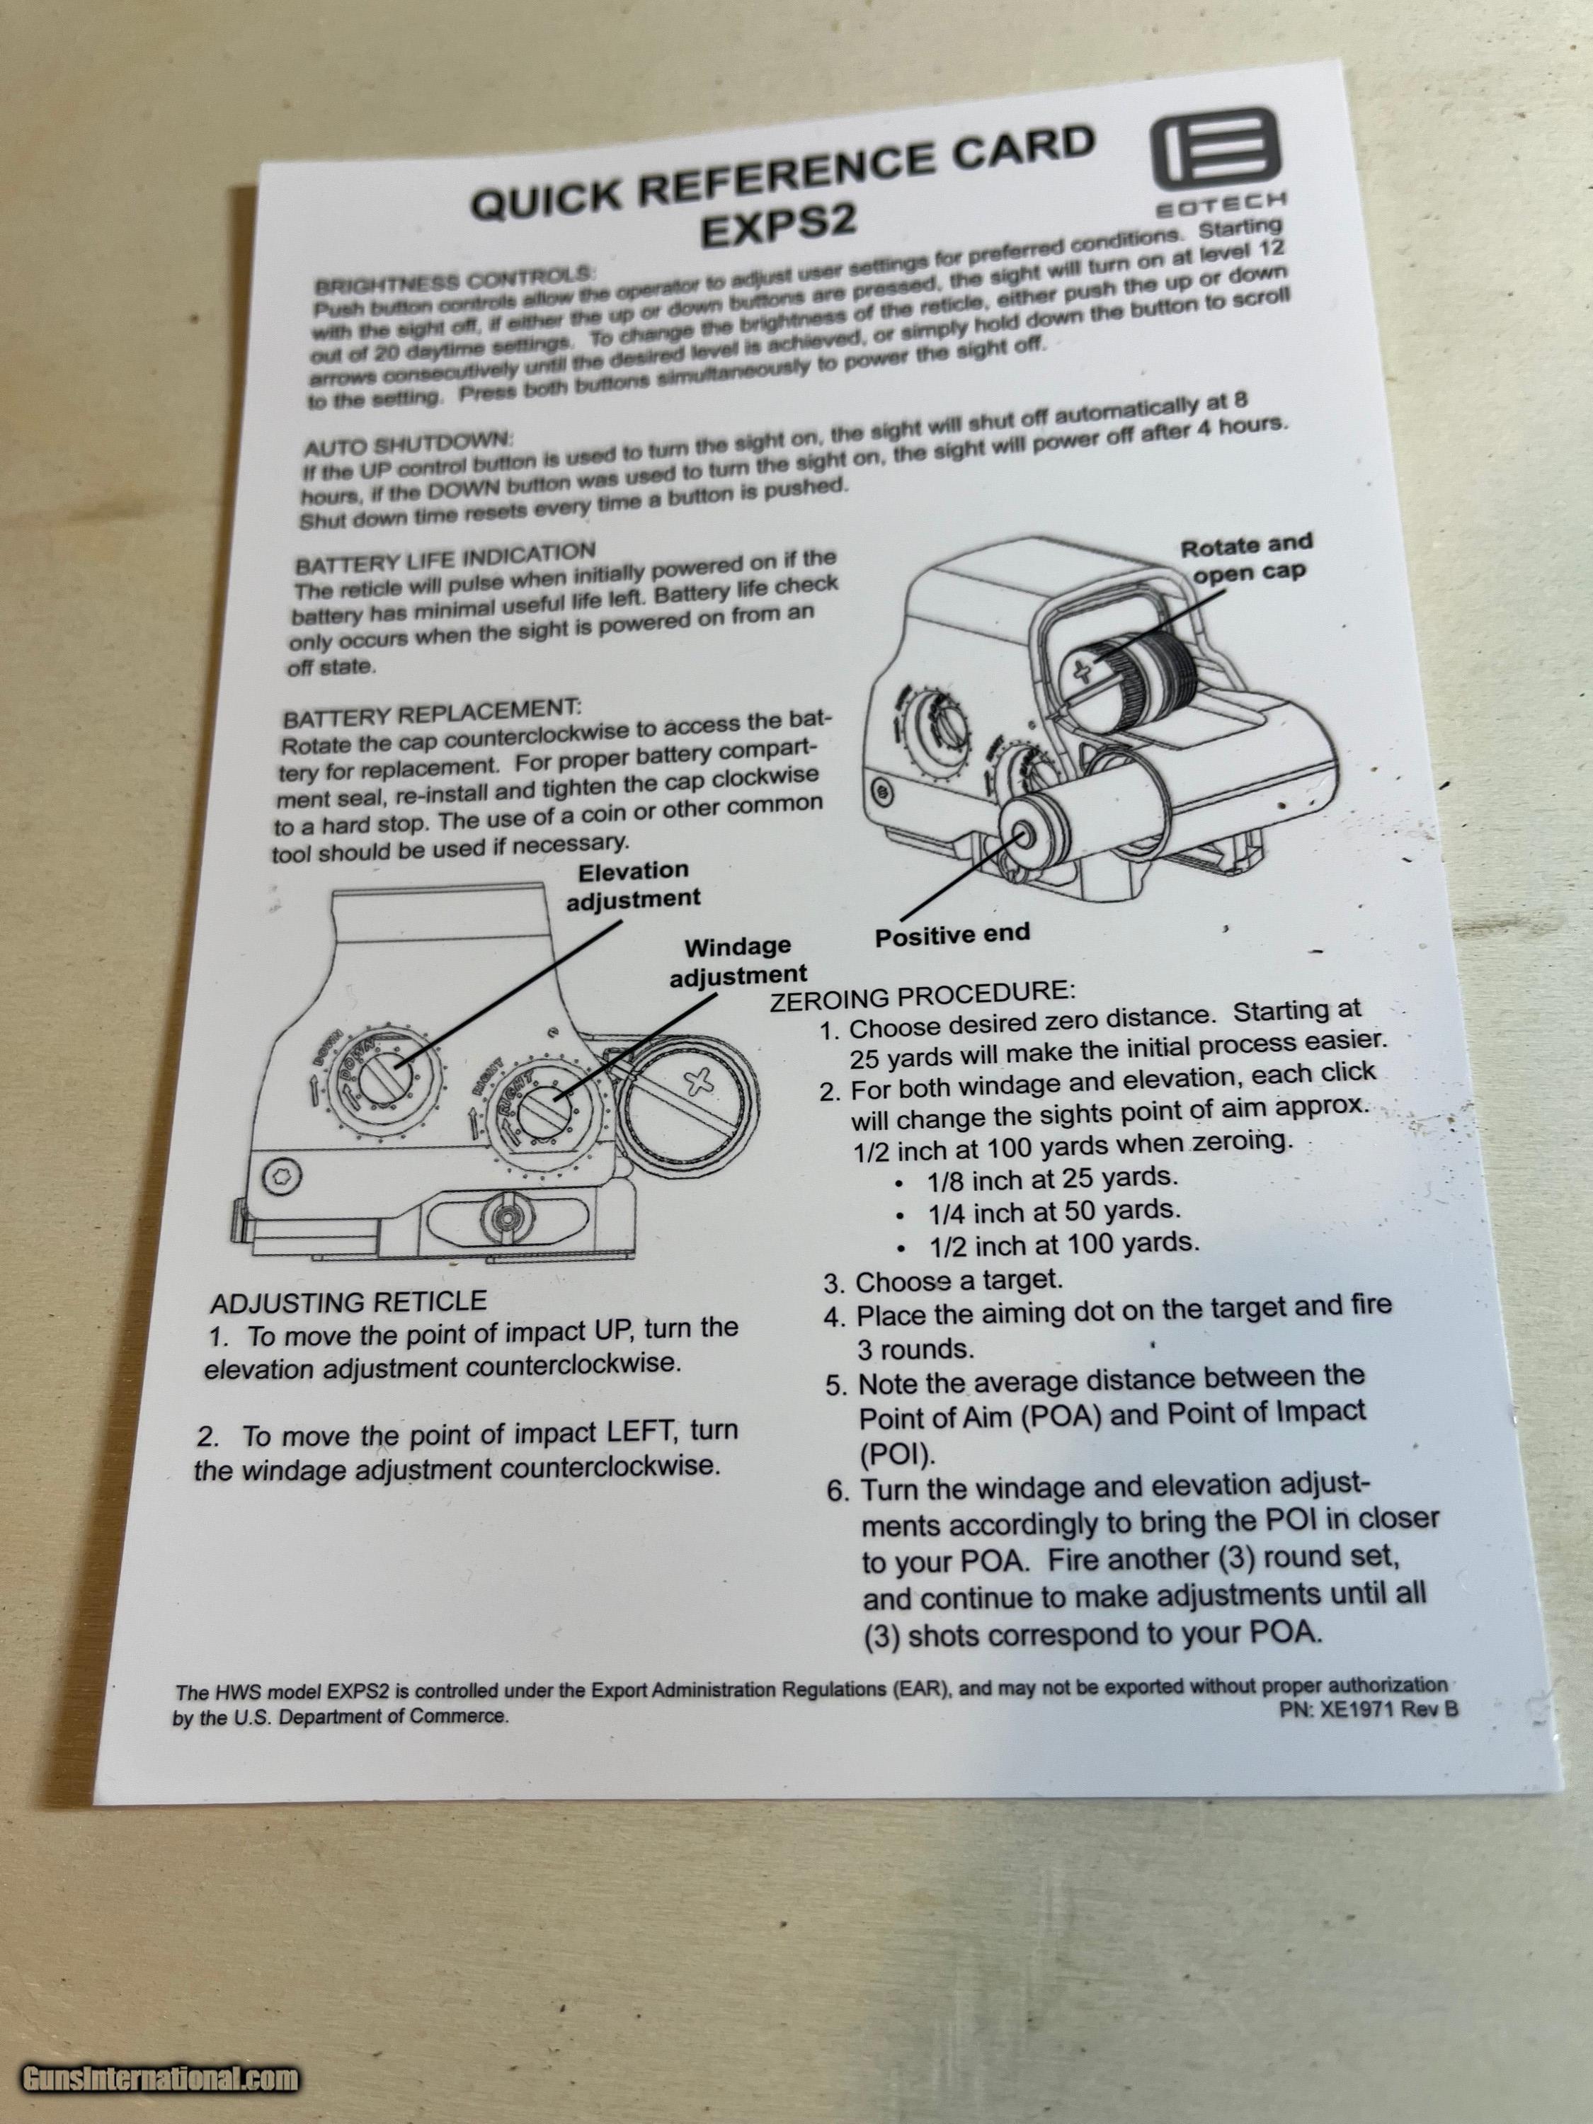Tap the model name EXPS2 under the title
pos(778,227)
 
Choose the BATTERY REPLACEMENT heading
pos(431,714)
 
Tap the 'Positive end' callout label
pos(952,935)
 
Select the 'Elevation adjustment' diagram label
pos(633,884)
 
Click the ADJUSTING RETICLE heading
pos(348,1302)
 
